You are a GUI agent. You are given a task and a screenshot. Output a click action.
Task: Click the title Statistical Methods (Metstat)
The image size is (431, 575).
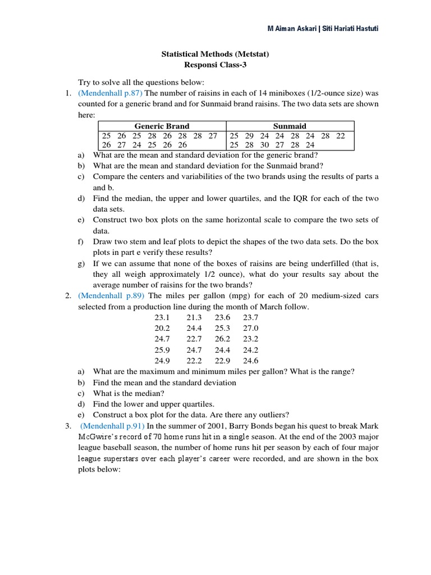click(x=215, y=54)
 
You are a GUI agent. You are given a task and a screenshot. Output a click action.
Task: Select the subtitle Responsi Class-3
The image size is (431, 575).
click(x=215, y=65)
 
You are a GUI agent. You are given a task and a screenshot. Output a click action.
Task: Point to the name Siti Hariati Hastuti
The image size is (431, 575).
click(x=351, y=29)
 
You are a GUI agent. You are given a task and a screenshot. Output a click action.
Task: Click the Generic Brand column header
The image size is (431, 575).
click(x=162, y=126)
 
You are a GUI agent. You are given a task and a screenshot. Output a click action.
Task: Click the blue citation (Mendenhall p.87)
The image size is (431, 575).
click(x=111, y=93)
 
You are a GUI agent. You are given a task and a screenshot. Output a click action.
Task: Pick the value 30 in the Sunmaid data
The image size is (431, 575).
click(x=264, y=145)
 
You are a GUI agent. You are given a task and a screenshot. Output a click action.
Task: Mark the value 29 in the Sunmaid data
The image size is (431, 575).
click(x=249, y=135)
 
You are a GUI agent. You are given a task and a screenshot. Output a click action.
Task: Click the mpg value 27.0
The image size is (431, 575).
click(x=250, y=328)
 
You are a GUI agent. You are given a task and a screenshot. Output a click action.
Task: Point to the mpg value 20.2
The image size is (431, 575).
click(x=162, y=328)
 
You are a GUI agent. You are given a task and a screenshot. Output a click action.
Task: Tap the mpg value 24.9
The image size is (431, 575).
click(x=162, y=361)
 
